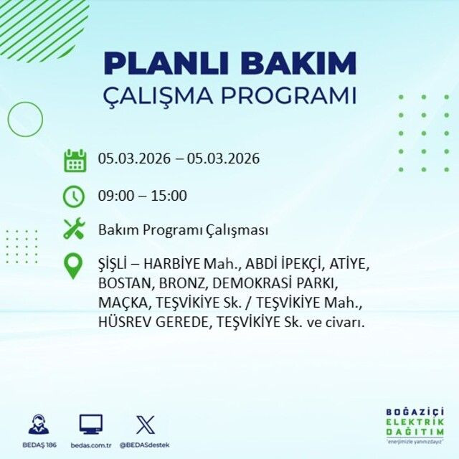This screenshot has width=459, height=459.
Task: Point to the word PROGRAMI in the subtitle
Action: [x=294, y=96]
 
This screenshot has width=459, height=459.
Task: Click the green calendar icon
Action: [x=75, y=159]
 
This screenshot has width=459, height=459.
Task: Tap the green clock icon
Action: [x=75, y=195]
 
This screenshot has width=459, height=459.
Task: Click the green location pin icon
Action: [x=74, y=266]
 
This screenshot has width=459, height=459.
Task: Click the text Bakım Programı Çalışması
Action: [x=183, y=231]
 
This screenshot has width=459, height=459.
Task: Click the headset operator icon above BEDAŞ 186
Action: [x=39, y=425]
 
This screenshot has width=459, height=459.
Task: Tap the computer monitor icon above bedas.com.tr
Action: [x=90, y=425]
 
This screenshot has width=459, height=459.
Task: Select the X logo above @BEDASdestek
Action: [x=145, y=425]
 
